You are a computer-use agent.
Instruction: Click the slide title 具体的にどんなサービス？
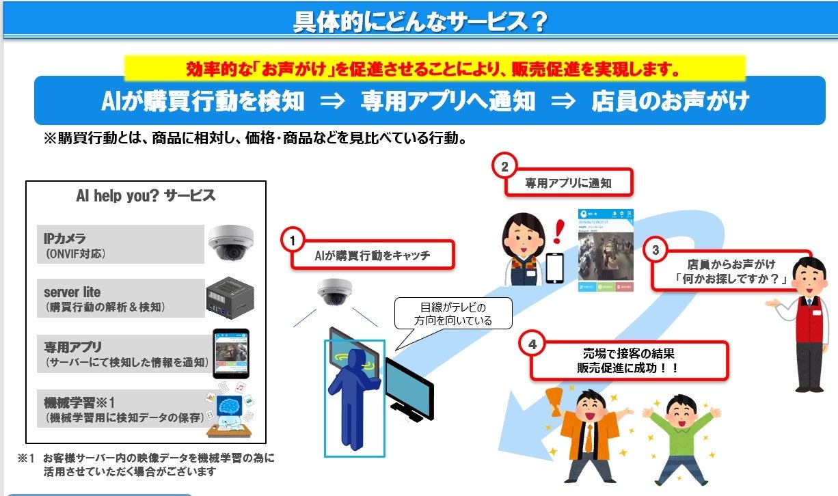tap(420, 22)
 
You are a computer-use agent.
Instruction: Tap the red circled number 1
tap(293, 240)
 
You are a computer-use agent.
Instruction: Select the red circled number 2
tap(504, 166)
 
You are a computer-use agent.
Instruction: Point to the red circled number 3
tap(655, 250)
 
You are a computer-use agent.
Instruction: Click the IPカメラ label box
tap(120, 244)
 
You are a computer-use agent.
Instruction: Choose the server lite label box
tap(120, 299)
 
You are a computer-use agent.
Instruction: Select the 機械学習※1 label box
tap(120, 408)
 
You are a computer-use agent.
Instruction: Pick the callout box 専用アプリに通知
tap(568, 183)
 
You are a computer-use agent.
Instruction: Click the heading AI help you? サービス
tap(146, 195)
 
